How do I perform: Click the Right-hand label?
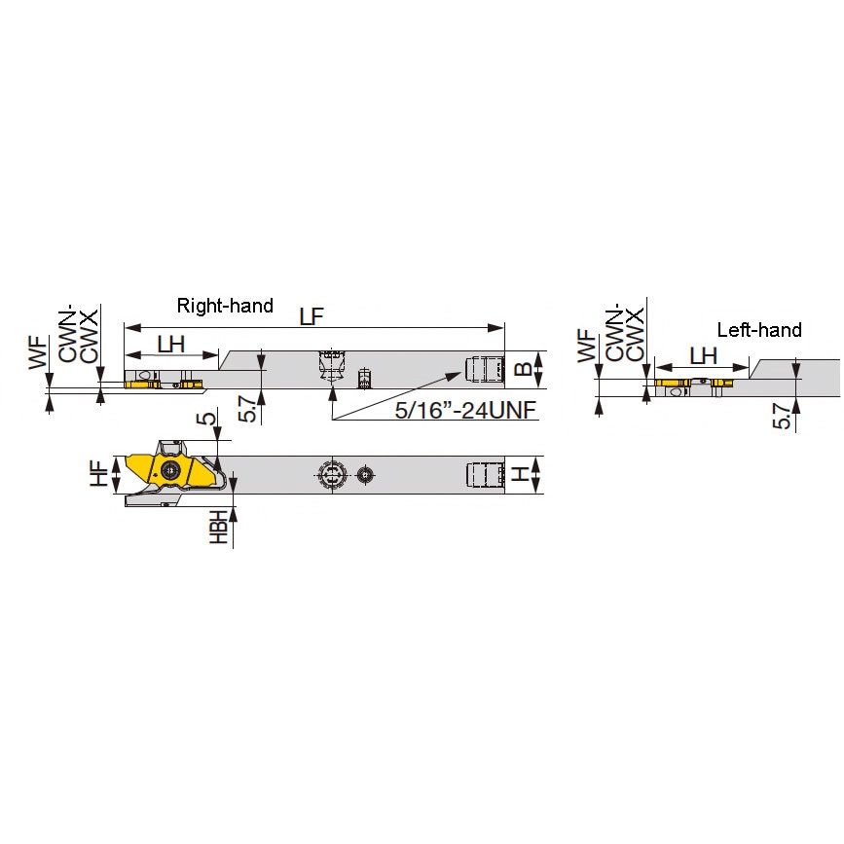tap(225, 306)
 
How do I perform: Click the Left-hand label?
tap(759, 329)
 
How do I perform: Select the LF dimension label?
tap(312, 316)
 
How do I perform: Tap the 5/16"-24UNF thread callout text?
tap(465, 410)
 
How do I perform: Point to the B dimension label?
tap(523, 369)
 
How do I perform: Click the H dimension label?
tap(520, 474)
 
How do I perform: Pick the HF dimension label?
tap(99, 474)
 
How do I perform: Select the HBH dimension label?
tap(218, 527)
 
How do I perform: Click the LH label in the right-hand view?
tap(171, 344)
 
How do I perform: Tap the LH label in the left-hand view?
tap(703, 355)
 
